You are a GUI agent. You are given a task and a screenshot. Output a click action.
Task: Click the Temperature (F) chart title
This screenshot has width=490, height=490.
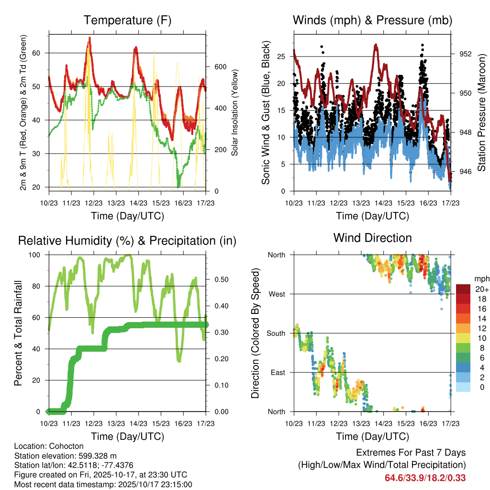(127, 21)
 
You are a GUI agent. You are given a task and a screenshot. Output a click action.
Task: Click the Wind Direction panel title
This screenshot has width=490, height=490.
(372, 238)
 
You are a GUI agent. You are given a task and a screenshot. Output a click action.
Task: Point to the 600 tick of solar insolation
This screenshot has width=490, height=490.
(220, 67)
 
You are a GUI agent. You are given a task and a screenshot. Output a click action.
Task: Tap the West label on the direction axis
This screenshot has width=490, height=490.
(277, 294)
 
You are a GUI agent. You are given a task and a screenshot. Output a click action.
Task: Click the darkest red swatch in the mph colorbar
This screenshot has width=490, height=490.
(464, 289)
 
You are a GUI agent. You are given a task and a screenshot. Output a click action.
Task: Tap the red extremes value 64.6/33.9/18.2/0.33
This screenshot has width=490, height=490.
(425, 478)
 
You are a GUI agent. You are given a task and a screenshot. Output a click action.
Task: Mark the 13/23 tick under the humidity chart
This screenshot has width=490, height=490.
(116, 424)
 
